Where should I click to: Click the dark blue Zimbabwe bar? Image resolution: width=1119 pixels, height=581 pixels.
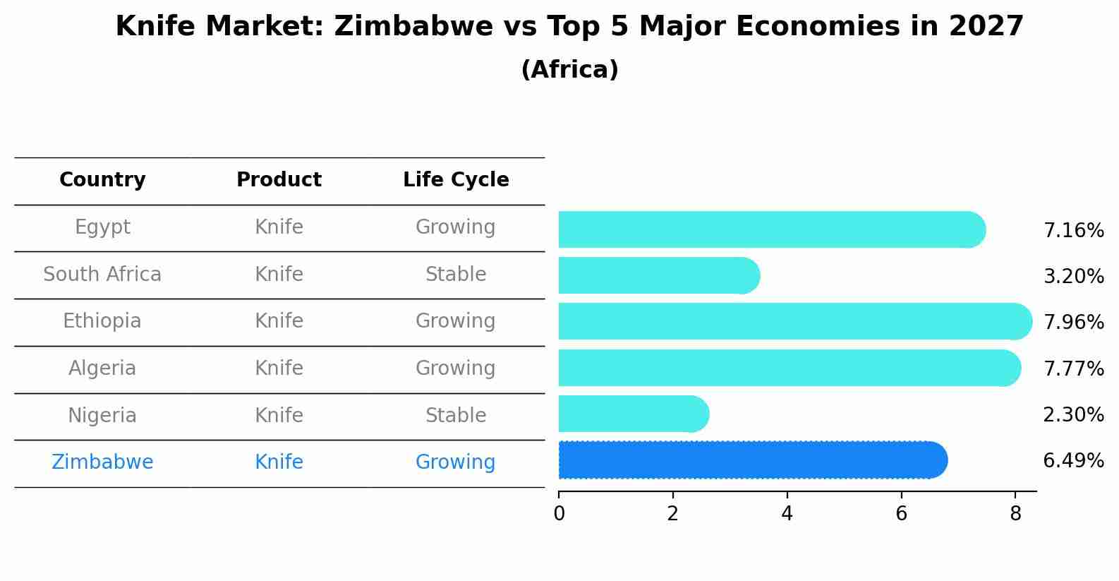[x=751, y=460]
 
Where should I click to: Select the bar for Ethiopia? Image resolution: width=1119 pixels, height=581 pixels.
[x=794, y=322]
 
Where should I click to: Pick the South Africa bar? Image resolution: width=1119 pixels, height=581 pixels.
[x=658, y=275]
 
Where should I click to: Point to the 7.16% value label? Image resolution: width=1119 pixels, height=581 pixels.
[x=1073, y=231]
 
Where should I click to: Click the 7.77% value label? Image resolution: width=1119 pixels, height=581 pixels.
[x=1073, y=369]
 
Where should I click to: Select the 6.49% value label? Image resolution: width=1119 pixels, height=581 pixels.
[x=1073, y=461]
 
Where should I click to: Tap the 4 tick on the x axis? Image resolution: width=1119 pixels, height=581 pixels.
[x=787, y=514]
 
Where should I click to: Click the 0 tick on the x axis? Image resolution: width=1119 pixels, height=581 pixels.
[x=559, y=514]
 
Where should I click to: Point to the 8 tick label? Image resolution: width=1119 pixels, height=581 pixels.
[x=1015, y=514]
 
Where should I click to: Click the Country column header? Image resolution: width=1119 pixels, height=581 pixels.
[x=102, y=180]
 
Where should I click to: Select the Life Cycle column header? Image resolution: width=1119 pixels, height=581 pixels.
[x=456, y=180]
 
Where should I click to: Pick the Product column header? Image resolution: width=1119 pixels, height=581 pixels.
[x=279, y=180]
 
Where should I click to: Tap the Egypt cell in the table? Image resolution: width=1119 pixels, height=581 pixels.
[x=102, y=227]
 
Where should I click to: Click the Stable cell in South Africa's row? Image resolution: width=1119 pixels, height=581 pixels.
[x=456, y=275]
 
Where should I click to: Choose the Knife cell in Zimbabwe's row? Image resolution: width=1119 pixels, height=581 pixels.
[x=279, y=462]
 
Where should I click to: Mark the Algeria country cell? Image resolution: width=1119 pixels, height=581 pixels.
[x=102, y=369]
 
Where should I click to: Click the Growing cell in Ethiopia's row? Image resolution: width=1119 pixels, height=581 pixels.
[x=456, y=321]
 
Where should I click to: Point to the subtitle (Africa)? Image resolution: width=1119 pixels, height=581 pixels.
[x=569, y=70]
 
